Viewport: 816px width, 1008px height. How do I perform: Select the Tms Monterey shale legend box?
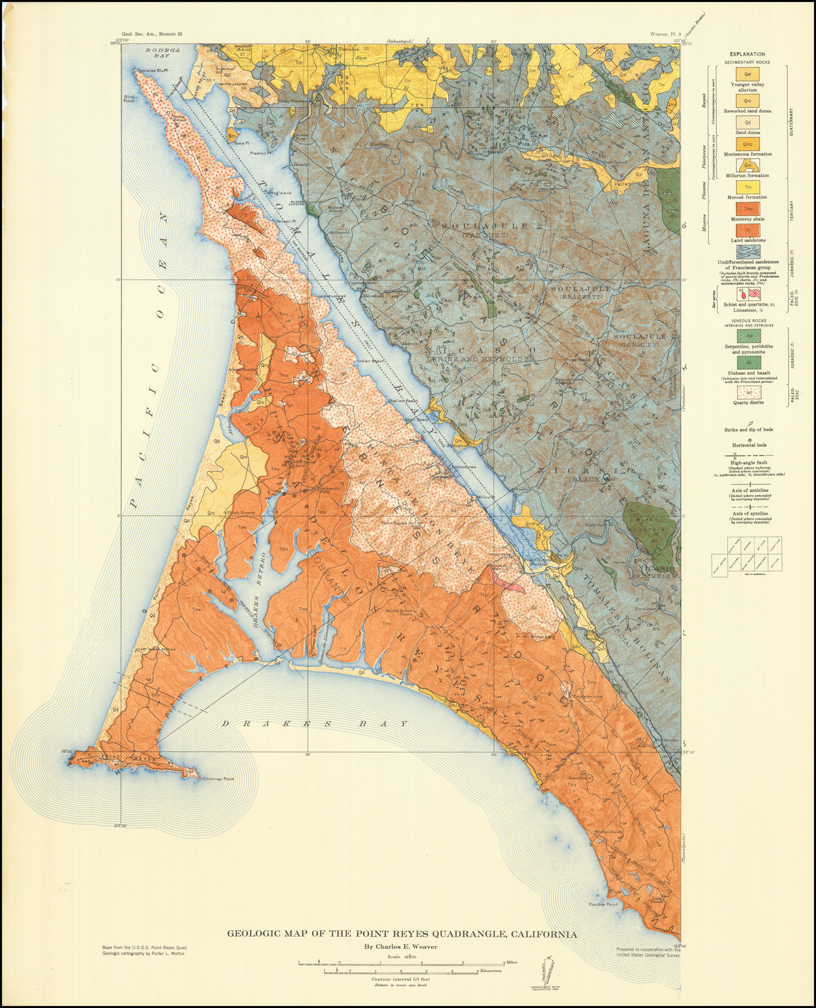pos(747,209)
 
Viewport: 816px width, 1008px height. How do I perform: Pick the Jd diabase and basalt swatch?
pos(747,363)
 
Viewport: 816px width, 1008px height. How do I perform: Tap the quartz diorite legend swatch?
pos(747,393)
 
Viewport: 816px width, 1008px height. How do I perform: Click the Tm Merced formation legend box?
pos(747,187)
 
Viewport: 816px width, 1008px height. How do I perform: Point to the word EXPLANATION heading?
pos(747,54)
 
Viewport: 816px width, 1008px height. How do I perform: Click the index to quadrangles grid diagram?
pos(747,554)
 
